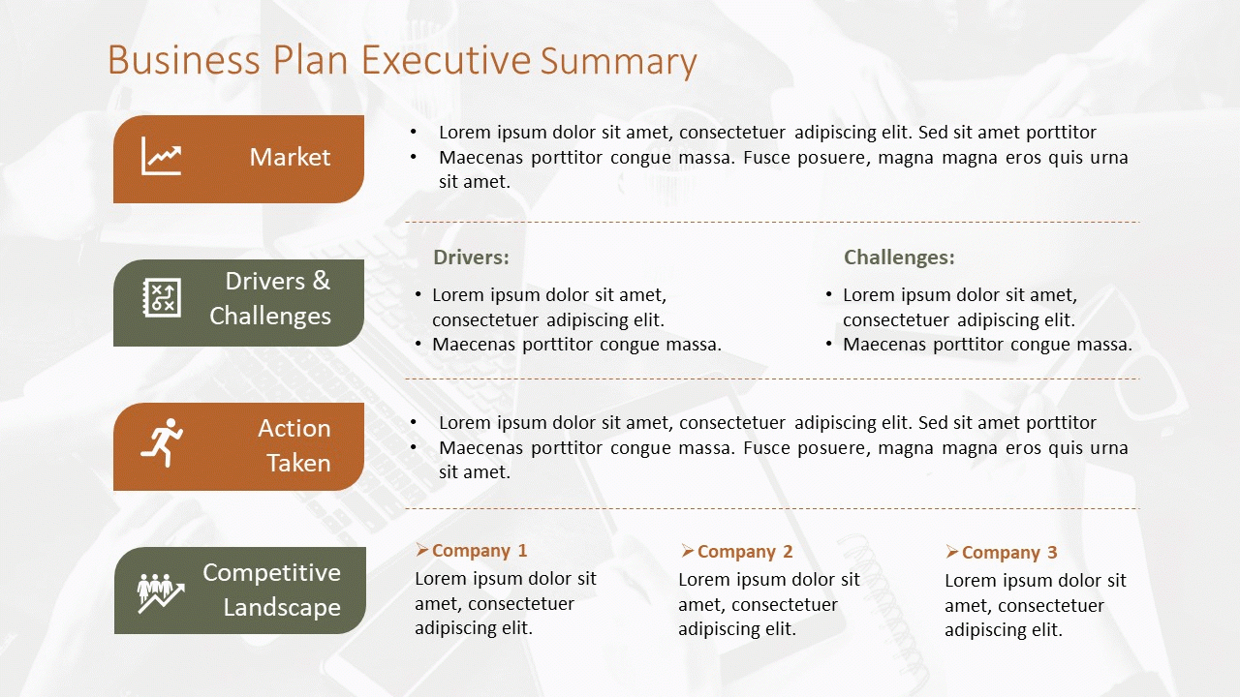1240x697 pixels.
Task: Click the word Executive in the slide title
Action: [447, 60]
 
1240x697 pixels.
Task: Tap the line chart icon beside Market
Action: [161, 156]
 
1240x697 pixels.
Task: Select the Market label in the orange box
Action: [290, 157]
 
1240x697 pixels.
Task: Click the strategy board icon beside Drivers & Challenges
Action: [162, 297]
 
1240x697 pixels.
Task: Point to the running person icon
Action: [162, 442]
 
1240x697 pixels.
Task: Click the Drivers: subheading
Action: [471, 258]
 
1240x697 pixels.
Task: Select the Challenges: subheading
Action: [899, 258]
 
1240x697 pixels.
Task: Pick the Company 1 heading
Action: [480, 551]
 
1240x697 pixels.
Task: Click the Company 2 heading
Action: [745, 552]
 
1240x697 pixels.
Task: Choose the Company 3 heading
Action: [1009, 552]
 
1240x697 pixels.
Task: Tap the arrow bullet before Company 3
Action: [952, 552]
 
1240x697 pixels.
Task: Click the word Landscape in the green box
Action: [282, 607]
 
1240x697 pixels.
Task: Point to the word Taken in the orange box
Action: [299, 463]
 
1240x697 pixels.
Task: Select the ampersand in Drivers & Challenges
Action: [321, 281]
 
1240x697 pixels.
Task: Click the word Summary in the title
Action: [618, 61]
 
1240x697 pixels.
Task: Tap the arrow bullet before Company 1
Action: [422, 550]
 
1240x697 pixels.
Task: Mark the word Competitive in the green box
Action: [271, 572]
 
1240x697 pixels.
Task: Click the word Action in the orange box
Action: [294, 428]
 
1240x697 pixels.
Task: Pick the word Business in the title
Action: [184, 60]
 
